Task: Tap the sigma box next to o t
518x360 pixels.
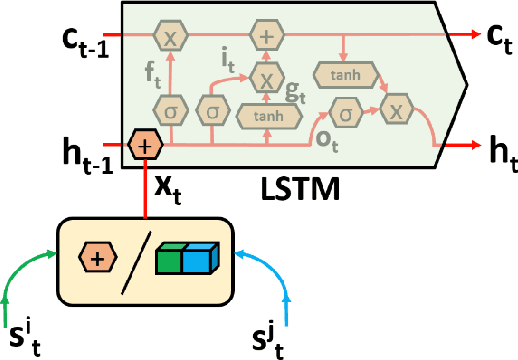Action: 346,114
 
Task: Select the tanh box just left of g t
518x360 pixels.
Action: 263,115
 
